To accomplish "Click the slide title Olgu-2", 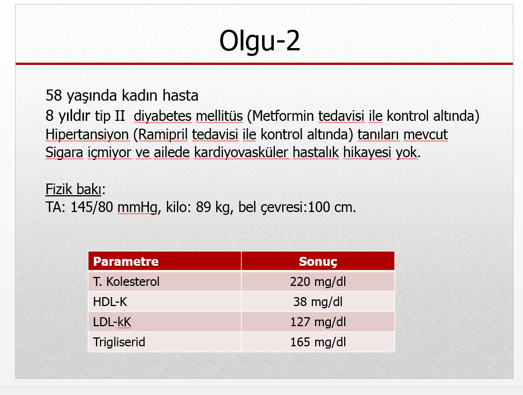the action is click(259, 41).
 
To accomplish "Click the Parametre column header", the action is click(126, 261).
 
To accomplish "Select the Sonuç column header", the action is click(318, 262).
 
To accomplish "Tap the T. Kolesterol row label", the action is click(126, 281).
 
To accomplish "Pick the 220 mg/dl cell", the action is click(318, 282).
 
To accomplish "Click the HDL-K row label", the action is click(110, 302).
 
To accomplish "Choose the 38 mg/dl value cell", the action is click(318, 302).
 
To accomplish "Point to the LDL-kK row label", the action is click(112, 322).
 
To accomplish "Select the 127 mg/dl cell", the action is click(318, 322).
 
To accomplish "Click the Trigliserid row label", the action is click(119, 342).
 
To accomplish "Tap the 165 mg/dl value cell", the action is click(318, 342).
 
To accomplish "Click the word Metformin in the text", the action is click(283, 116).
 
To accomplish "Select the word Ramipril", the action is click(163, 135).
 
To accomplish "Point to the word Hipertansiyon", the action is click(87, 135).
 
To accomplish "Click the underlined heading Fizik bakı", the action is click(73, 189).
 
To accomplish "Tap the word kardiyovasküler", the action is click(241, 153).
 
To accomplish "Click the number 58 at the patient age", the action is click(54, 96).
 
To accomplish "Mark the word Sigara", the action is click(64, 153).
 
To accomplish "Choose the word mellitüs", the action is click(219, 116).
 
